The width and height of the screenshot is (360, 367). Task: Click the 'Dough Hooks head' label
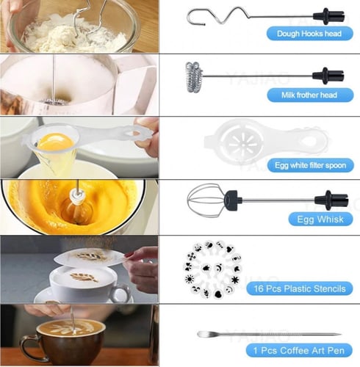(x=309, y=34)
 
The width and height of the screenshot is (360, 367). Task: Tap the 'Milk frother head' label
(x=310, y=95)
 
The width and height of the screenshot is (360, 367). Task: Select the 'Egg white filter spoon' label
(x=311, y=165)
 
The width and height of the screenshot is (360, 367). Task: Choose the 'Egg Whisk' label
(x=320, y=219)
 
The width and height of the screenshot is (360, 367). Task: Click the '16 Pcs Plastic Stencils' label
(x=300, y=288)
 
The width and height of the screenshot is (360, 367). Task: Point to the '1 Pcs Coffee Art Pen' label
(x=299, y=350)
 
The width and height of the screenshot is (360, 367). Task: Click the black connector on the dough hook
(x=328, y=16)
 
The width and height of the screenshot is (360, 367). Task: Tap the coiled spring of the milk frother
(x=194, y=77)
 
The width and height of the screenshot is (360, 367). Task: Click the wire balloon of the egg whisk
(x=206, y=200)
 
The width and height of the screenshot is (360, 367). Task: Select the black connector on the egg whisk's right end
(x=331, y=200)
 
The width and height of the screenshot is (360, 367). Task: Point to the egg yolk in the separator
(x=55, y=142)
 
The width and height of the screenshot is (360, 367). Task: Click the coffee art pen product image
(x=269, y=334)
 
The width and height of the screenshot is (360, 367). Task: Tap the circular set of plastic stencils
(x=212, y=269)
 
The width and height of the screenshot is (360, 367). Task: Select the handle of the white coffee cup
(x=121, y=292)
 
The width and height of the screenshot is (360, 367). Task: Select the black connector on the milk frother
(x=328, y=76)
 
